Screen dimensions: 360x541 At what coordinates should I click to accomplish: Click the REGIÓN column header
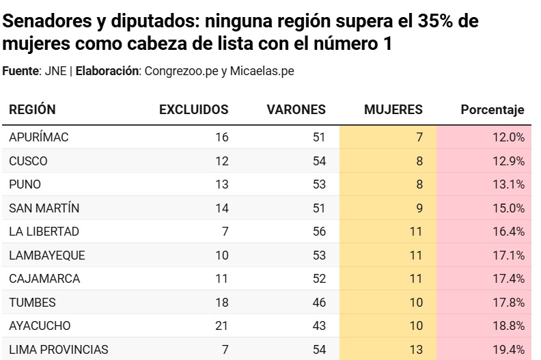click(32, 109)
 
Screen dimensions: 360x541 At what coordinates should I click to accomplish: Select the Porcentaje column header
click(492, 109)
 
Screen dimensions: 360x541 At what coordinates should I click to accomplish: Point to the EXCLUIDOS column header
click(193, 109)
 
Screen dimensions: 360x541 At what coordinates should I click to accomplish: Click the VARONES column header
click(296, 109)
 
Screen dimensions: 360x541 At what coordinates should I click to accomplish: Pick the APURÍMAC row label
click(39, 137)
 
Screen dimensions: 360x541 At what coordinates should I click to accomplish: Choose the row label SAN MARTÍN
click(43, 208)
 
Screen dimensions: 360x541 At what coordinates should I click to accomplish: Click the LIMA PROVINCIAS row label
click(59, 350)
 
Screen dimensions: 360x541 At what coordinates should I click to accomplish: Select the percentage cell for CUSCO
click(508, 161)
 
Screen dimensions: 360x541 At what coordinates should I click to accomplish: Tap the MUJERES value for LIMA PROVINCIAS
click(417, 350)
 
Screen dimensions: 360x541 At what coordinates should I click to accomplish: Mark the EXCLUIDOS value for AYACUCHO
click(221, 326)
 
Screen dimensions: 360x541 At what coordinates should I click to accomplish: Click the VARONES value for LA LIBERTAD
click(319, 232)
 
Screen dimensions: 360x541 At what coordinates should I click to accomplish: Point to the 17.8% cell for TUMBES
click(508, 303)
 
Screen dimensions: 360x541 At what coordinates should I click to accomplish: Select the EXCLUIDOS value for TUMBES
click(221, 303)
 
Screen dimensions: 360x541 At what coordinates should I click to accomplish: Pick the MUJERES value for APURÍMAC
click(419, 137)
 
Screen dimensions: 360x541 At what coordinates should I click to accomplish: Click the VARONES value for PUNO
click(319, 184)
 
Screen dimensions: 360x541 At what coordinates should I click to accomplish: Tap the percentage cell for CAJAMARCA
click(508, 279)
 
